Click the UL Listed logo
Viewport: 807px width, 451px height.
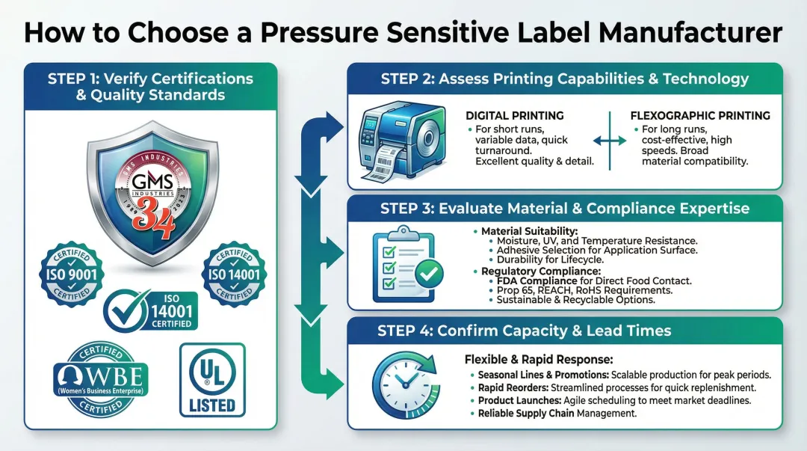click(212, 379)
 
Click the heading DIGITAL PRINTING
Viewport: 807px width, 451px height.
click(515, 116)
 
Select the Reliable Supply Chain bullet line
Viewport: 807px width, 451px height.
click(557, 413)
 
